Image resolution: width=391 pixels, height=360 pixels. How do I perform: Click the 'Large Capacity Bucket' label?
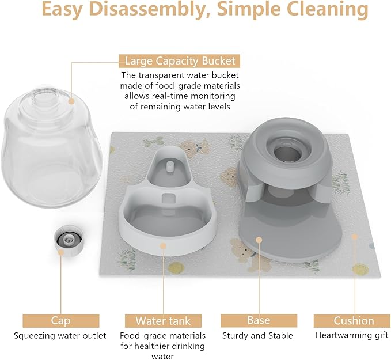[x=180, y=61]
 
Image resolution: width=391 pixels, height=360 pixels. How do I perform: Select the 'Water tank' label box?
[x=163, y=321]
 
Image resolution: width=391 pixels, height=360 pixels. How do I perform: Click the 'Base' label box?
[x=259, y=320]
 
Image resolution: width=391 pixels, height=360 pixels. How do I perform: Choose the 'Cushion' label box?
[x=354, y=321]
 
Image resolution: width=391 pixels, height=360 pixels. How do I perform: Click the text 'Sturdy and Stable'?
[x=257, y=335]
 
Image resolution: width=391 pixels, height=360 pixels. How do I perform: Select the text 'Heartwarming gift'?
[x=352, y=335]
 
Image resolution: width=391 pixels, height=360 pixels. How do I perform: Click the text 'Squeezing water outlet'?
[x=60, y=335]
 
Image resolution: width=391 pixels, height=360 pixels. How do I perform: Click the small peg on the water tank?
[x=168, y=166]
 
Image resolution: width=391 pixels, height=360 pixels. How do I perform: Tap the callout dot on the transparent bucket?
[x=71, y=101]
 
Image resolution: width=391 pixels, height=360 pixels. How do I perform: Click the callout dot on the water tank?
[x=163, y=245]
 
